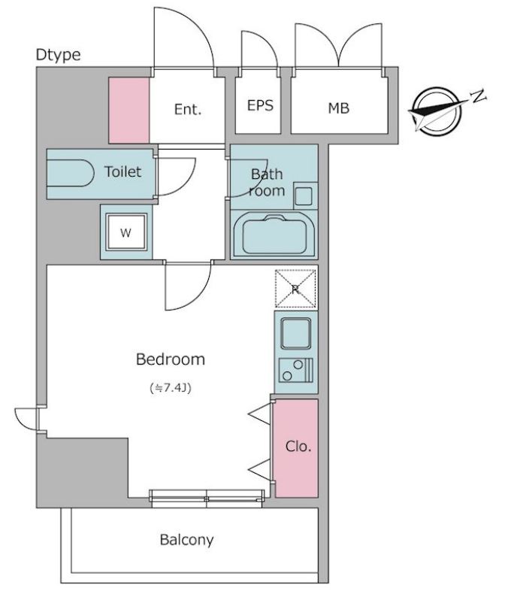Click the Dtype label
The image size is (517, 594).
click(x=58, y=56)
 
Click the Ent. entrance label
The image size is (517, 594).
click(x=188, y=110)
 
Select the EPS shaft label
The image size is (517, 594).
click(x=260, y=105)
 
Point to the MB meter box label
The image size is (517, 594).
click(x=339, y=108)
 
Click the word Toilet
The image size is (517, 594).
click(x=122, y=171)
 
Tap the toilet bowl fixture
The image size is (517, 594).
click(x=70, y=173)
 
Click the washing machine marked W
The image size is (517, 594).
click(x=126, y=232)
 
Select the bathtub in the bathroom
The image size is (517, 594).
click(x=274, y=235)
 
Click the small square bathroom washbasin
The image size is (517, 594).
click(x=304, y=196)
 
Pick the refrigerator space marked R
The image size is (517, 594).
click(x=295, y=289)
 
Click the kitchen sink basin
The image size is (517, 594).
click(x=295, y=333)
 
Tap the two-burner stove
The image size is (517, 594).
click(x=296, y=370)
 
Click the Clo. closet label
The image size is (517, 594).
click(x=298, y=447)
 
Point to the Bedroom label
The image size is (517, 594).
click(x=171, y=359)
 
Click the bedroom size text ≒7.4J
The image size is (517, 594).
click(x=171, y=388)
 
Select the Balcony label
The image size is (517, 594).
click(x=186, y=539)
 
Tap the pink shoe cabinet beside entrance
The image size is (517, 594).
click(x=129, y=111)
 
